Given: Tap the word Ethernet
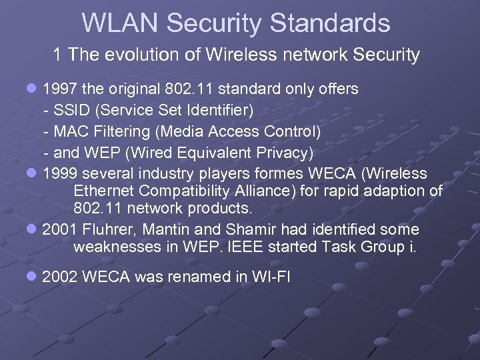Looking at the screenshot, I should click(103, 191).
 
